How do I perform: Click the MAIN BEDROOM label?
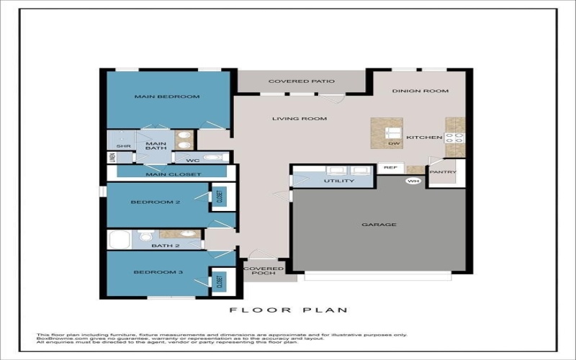pyautogui.click(x=167, y=96)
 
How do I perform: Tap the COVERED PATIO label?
pyautogui.click(x=301, y=81)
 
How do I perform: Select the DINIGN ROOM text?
pyautogui.click(x=420, y=91)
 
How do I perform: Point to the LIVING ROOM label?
pyautogui.click(x=300, y=119)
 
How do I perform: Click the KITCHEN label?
pyautogui.click(x=420, y=137)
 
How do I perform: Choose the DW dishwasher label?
pyautogui.click(x=392, y=144)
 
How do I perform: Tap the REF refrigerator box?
pyautogui.click(x=390, y=168)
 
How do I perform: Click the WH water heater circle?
pyautogui.click(x=413, y=181)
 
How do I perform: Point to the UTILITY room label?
pyautogui.click(x=338, y=181)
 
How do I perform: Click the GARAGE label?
pyautogui.click(x=379, y=225)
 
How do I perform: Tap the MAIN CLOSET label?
pyautogui.click(x=174, y=174)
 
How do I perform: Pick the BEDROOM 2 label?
pyautogui.click(x=155, y=202)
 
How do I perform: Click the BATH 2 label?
pyautogui.click(x=166, y=246)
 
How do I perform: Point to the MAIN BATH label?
pyautogui.click(x=156, y=147)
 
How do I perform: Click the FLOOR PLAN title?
pyautogui.click(x=288, y=310)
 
